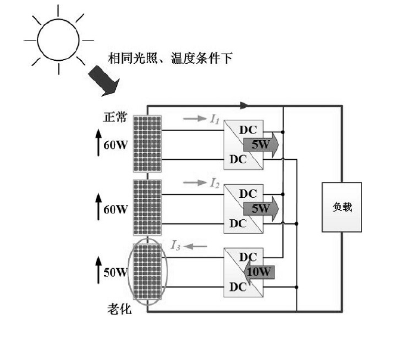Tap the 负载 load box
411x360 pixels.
pyautogui.click(x=342, y=207)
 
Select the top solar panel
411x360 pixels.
pyautogui.click(x=147, y=144)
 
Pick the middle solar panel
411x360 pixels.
pyautogui.click(x=147, y=207)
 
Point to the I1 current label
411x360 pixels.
pyautogui.click(x=215, y=119)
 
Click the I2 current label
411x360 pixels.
pyautogui.click(x=215, y=182)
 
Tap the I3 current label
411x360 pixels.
pyautogui.click(x=177, y=244)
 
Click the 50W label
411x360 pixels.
pyautogui.click(x=116, y=272)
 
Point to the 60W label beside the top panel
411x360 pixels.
pyautogui.click(x=116, y=145)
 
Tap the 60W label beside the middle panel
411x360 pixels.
pyautogui.click(x=116, y=209)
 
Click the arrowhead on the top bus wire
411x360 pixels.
pyautogui.click(x=243, y=105)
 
